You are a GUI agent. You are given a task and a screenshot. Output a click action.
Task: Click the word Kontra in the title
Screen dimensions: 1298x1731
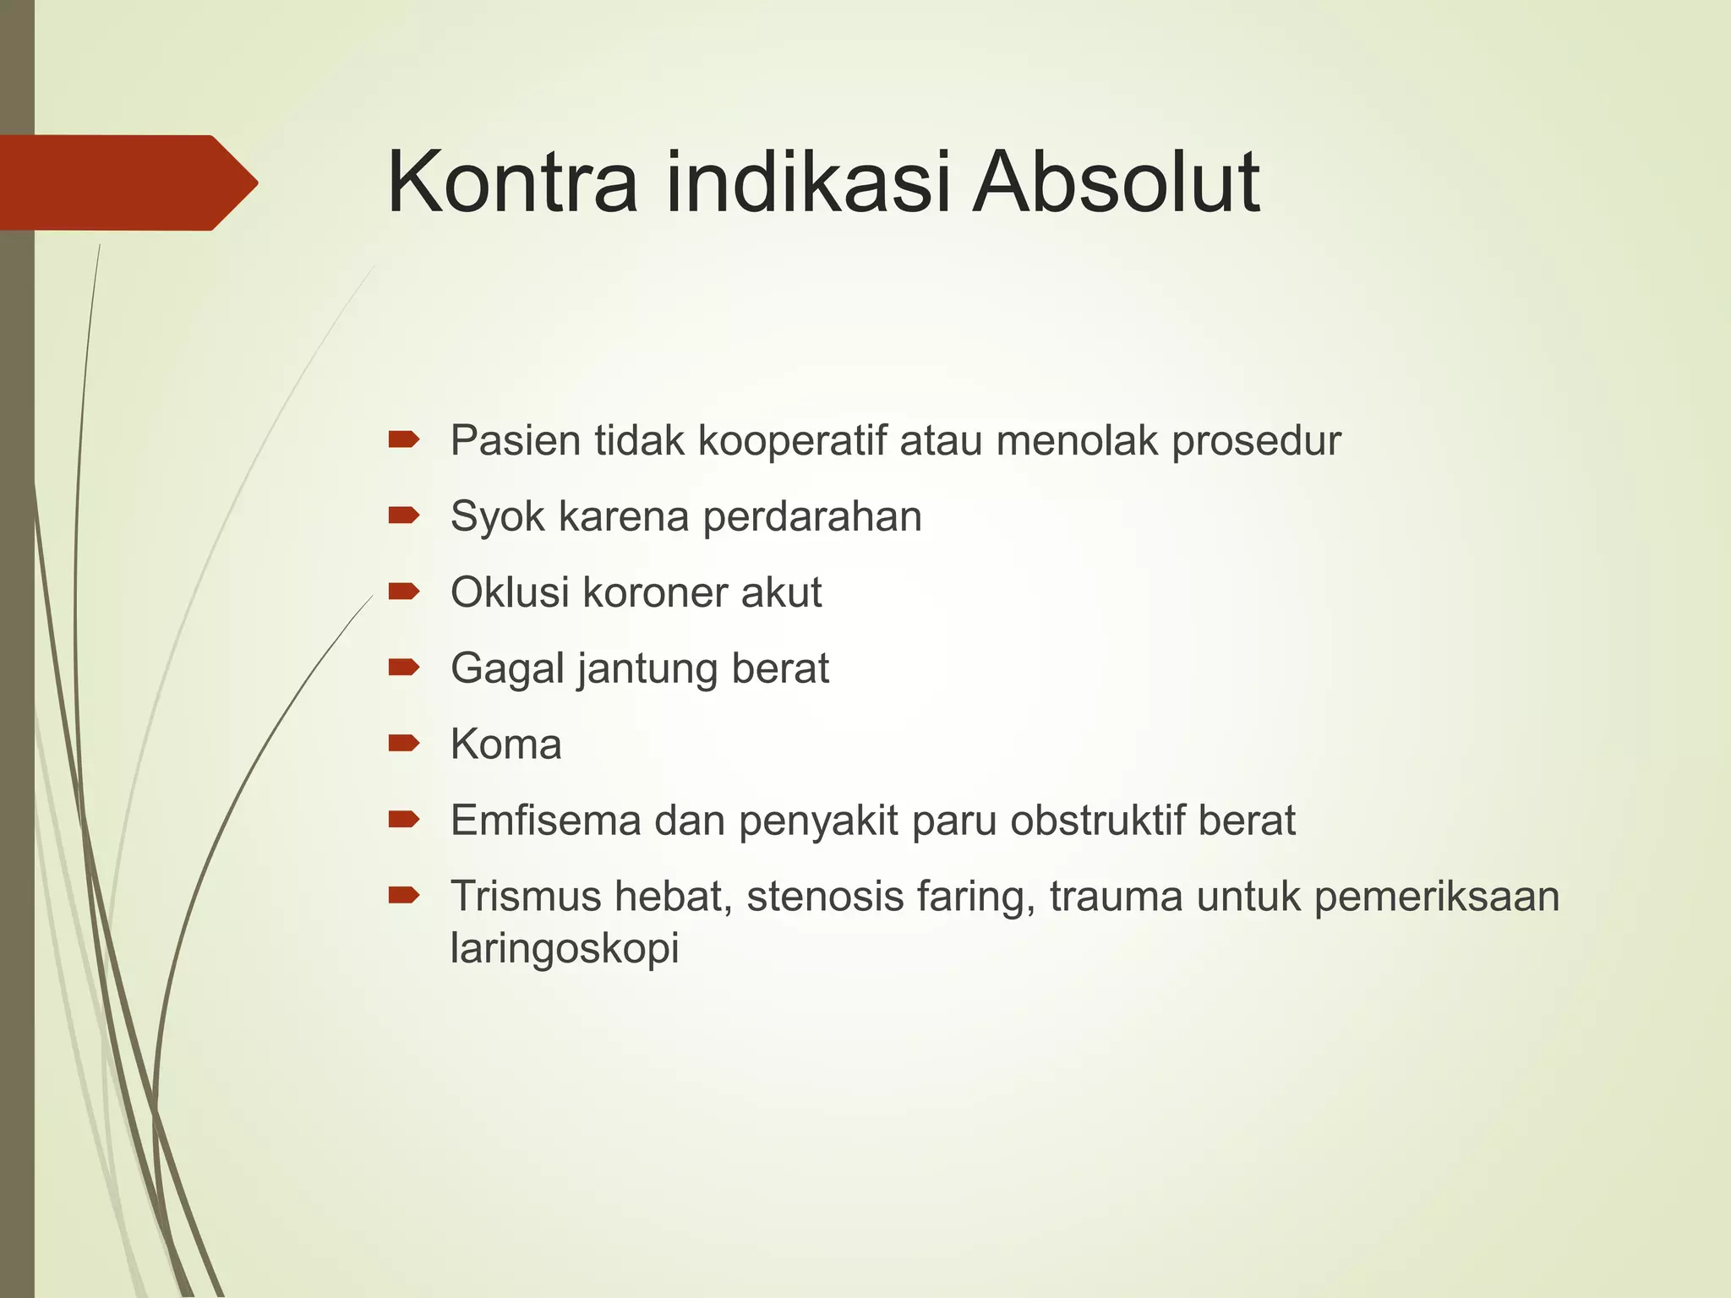(512, 183)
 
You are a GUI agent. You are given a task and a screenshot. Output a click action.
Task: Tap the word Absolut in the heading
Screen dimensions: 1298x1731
(1116, 183)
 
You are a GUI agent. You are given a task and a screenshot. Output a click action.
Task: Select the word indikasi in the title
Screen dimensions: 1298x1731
(808, 183)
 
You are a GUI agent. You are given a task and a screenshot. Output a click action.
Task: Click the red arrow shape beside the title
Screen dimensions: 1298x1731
(127, 183)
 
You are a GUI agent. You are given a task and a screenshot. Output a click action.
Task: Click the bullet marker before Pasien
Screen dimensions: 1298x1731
(403, 439)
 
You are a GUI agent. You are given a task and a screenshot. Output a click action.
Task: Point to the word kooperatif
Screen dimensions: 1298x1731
(792, 441)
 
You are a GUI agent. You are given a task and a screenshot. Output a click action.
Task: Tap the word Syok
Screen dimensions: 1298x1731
(497, 517)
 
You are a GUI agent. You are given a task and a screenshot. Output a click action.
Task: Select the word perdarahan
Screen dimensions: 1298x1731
(811, 517)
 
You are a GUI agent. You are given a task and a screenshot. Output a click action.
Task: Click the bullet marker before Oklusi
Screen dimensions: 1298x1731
(403, 591)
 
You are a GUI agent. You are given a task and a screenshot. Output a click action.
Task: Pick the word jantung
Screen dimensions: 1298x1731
(648, 670)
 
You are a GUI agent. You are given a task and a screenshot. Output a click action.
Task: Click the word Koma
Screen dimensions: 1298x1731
(505, 744)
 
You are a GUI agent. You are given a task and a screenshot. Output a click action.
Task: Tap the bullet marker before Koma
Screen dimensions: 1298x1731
(403, 743)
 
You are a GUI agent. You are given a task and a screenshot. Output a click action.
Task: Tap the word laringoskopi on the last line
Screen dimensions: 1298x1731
(564, 949)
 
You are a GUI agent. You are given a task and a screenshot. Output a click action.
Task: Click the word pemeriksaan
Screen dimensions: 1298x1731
(1436, 897)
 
